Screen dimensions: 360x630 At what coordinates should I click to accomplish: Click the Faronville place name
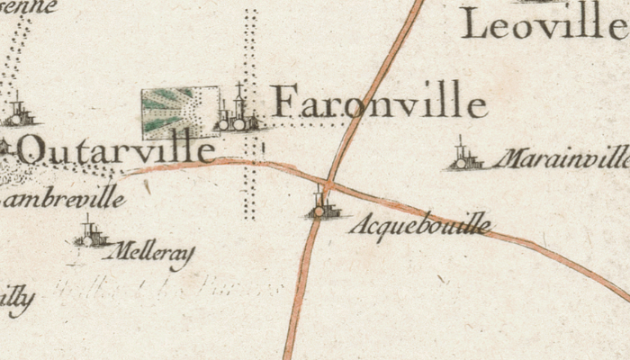point(379,101)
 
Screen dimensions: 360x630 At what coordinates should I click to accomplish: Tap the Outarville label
point(117,149)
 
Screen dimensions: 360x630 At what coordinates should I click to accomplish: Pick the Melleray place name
point(149,254)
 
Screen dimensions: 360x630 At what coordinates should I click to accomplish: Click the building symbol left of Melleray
point(91,234)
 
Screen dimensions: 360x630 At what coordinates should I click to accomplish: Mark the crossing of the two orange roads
point(328,184)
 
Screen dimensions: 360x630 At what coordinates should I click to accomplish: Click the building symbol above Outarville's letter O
point(18,113)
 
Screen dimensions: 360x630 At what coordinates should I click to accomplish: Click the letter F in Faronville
point(284,101)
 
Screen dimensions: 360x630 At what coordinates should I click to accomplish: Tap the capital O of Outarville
point(32,149)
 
